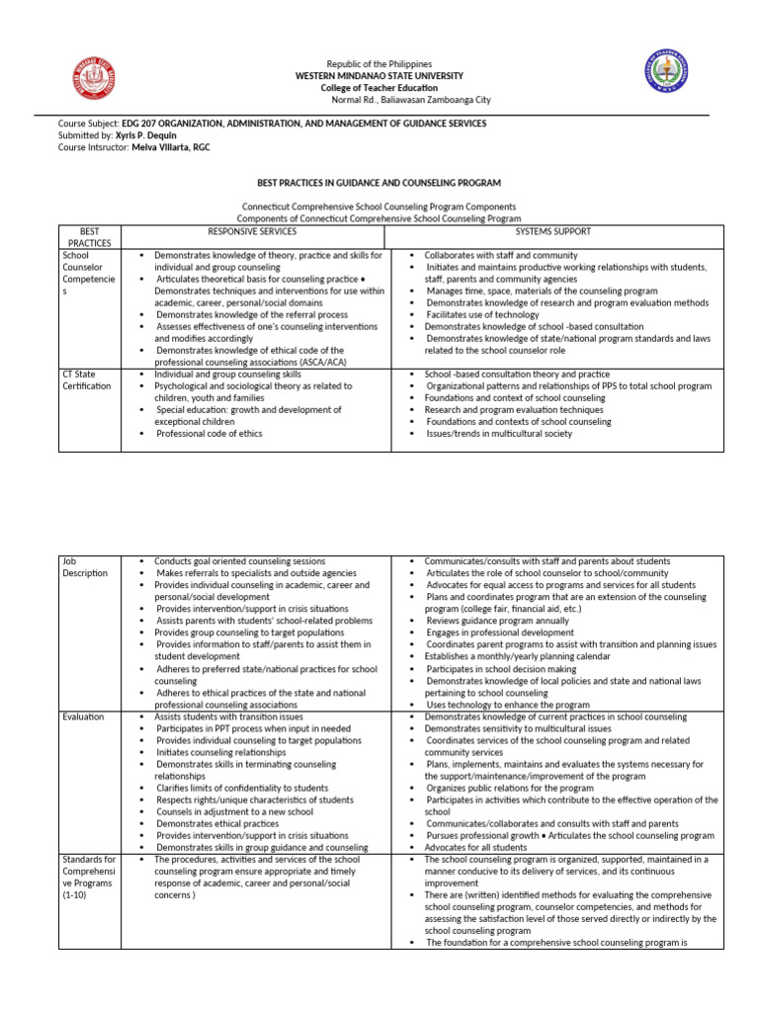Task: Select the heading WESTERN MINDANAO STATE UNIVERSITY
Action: coord(379,75)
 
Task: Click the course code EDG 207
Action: coord(137,124)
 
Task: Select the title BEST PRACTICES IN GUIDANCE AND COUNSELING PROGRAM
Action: coord(379,183)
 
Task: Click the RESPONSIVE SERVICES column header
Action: coord(252,231)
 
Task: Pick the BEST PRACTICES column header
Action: coord(90,236)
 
